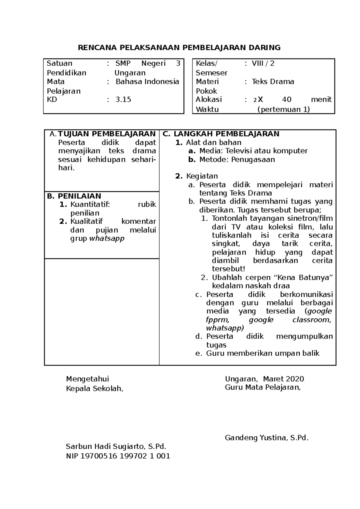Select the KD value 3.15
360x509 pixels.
tap(123, 100)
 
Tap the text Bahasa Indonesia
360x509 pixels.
tap(147, 82)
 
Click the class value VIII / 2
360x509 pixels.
tap(263, 63)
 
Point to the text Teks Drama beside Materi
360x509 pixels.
tap(273, 82)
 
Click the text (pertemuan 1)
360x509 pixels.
tap(283, 109)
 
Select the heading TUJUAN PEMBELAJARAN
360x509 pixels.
tap(106, 134)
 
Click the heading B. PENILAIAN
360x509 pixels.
tap(74, 196)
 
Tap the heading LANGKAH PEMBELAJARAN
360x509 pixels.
tap(226, 134)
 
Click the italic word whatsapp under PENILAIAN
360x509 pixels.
tap(107, 239)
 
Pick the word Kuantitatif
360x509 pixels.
tap(90, 204)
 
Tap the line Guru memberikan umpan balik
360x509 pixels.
tap(262, 353)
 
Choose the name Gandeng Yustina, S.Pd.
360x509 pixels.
tap(266, 438)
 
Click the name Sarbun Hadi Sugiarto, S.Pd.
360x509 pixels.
tap(116, 447)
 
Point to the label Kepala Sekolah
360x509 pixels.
tap(94, 388)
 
